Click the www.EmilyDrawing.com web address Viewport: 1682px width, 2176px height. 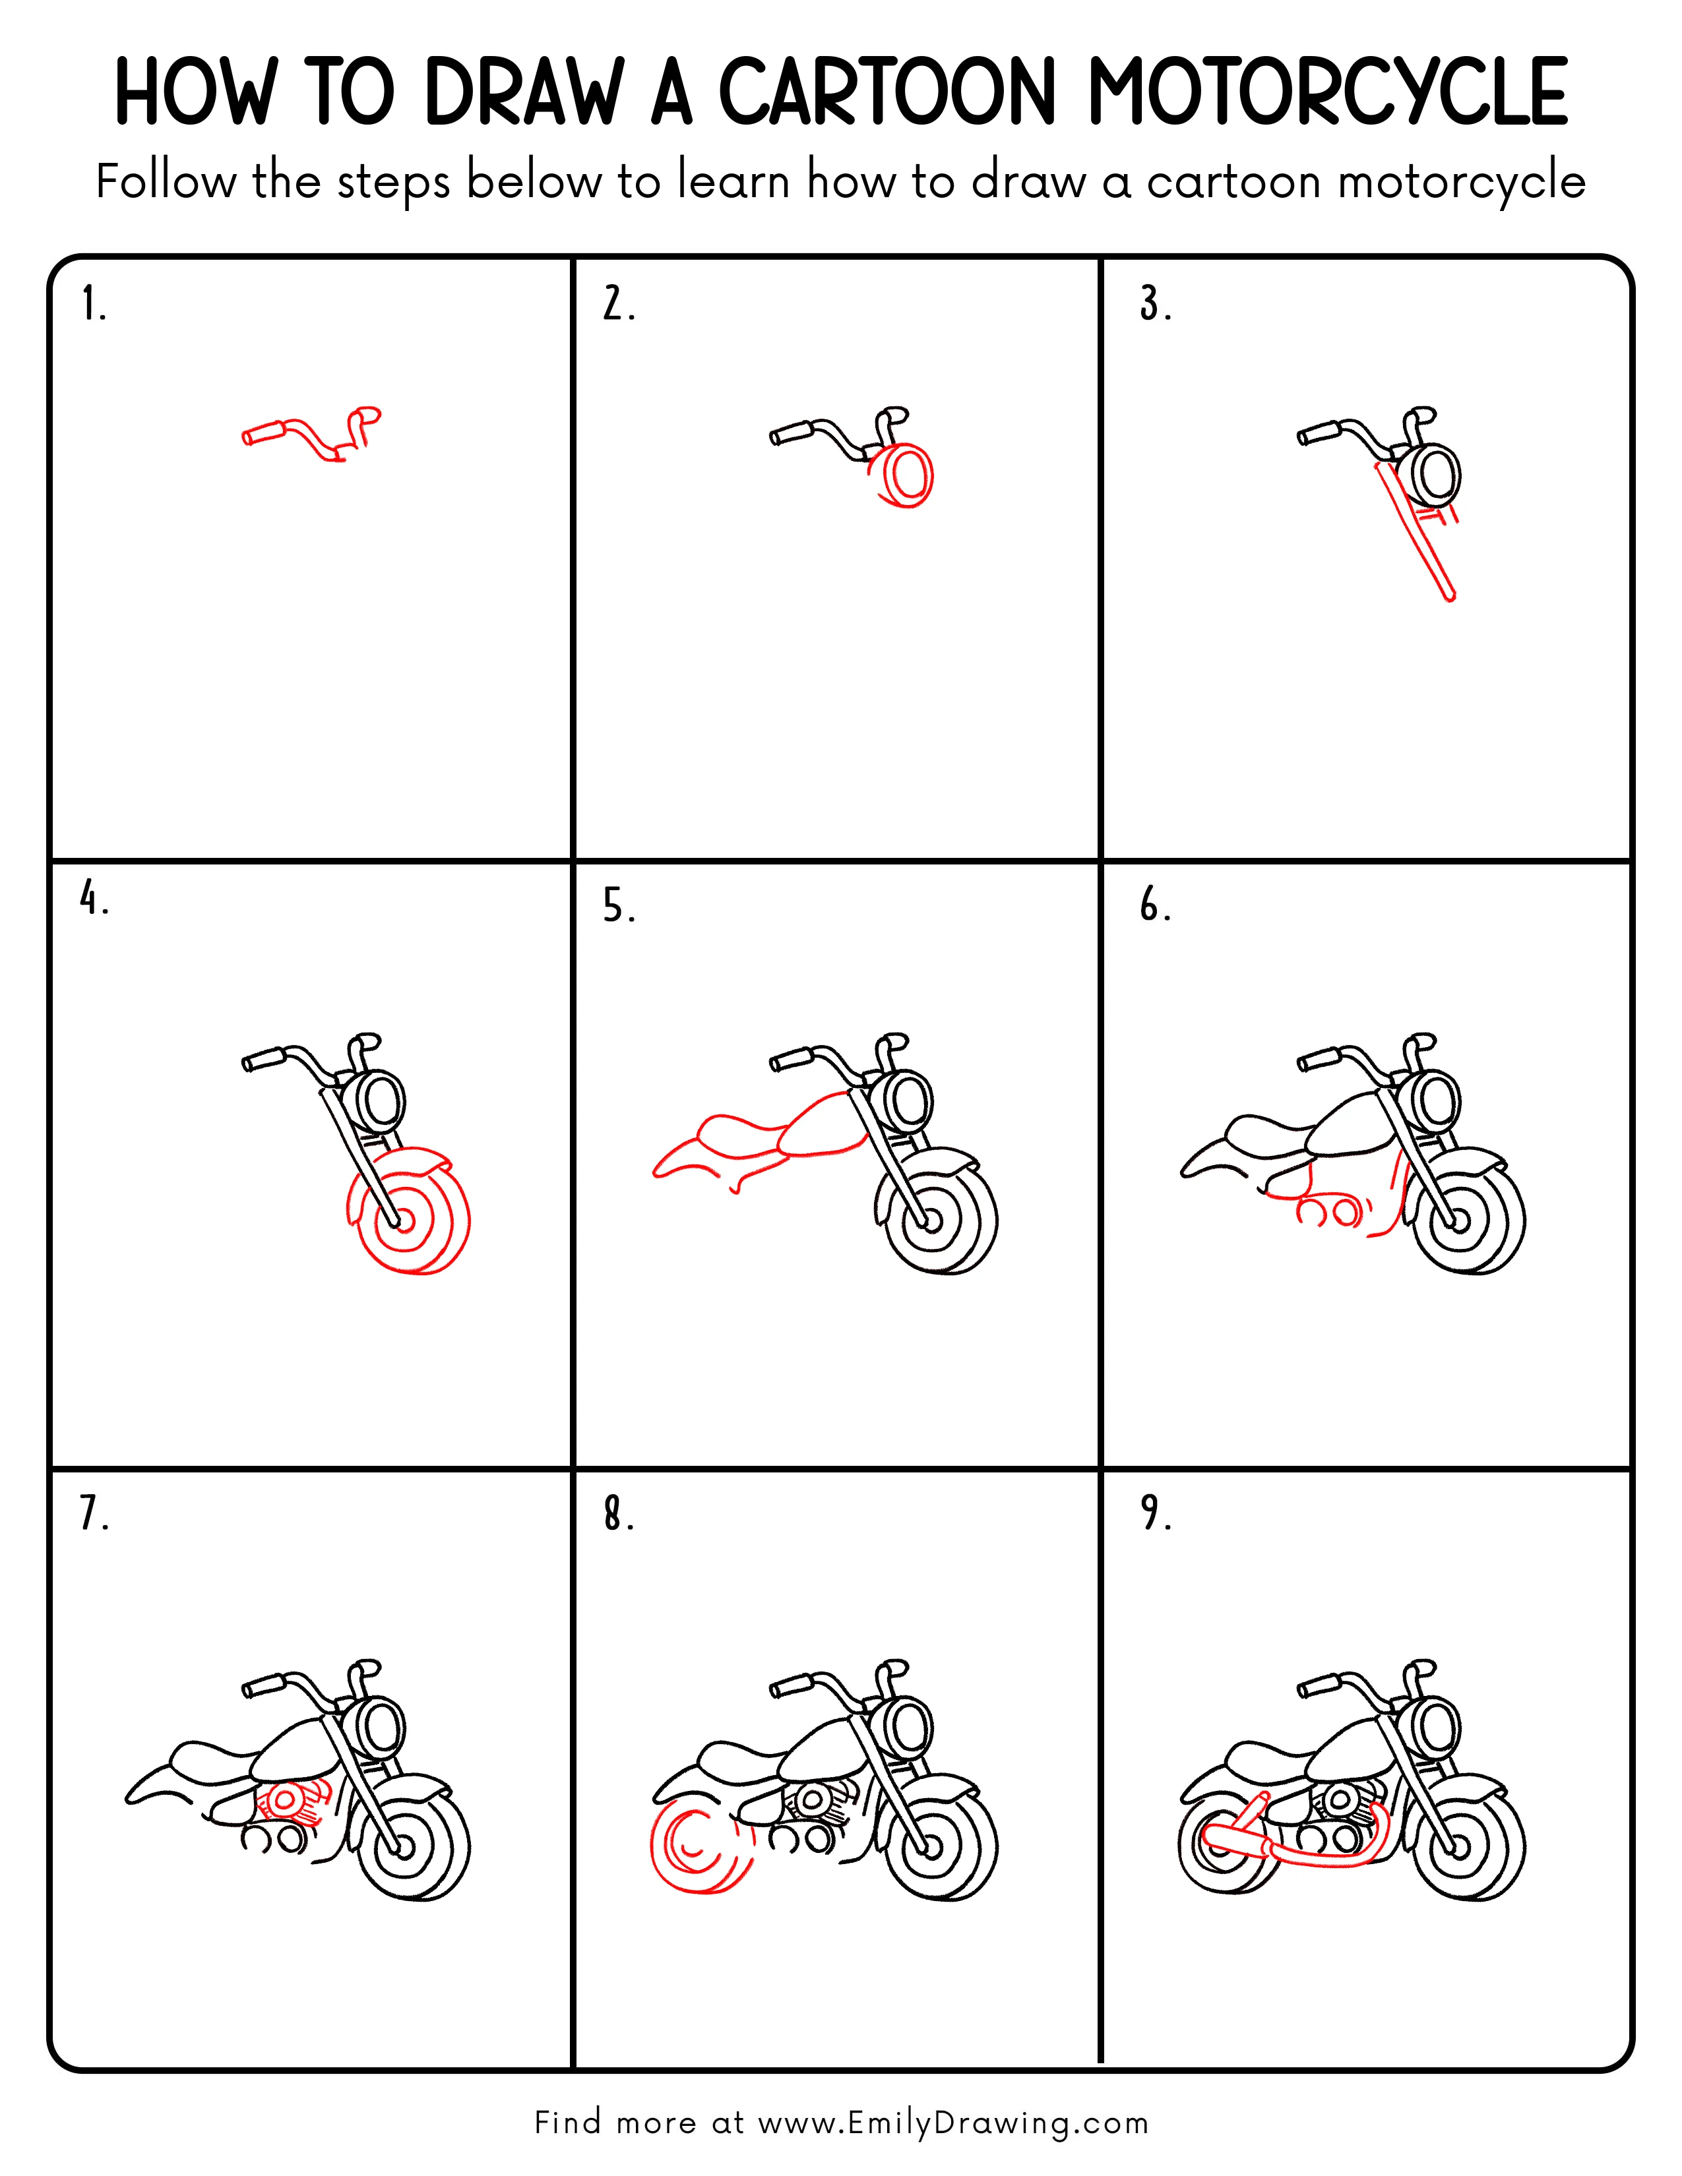coord(952,2123)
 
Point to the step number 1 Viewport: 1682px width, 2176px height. coord(92,304)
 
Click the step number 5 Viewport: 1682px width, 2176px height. coord(617,907)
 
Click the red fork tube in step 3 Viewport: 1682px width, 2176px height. coord(1415,533)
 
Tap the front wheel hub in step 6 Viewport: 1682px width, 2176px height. coord(1460,1221)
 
